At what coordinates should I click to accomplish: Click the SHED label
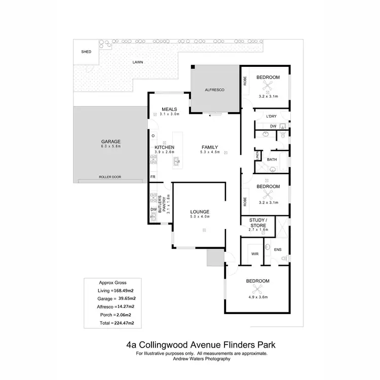86,52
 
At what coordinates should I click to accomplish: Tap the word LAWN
138,62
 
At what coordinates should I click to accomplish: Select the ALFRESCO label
214,90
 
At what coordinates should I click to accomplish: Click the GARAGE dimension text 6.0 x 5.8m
111,146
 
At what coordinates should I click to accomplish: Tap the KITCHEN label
164,147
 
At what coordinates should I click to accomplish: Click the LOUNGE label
200,211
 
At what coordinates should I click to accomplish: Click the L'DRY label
271,117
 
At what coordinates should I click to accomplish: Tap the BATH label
272,160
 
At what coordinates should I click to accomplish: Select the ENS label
277,250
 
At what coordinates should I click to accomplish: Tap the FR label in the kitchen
152,177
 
